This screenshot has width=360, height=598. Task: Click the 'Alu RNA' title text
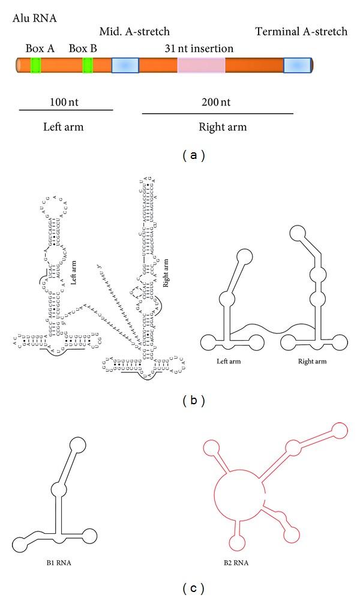pos(35,17)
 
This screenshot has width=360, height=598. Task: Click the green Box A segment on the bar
pos(35,65)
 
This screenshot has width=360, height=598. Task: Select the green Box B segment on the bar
pos(88,65)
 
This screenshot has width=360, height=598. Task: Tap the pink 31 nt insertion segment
pos(201,65)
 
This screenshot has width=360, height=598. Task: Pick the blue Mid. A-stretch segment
pos(125,65)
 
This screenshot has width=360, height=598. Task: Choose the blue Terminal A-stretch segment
pos(297,65)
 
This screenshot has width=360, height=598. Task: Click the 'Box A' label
pos(40,48)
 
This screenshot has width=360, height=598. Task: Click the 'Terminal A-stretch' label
pos(301,31)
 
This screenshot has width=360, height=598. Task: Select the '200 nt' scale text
pos(217,103)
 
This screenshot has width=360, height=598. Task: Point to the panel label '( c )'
pos(193,588)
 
